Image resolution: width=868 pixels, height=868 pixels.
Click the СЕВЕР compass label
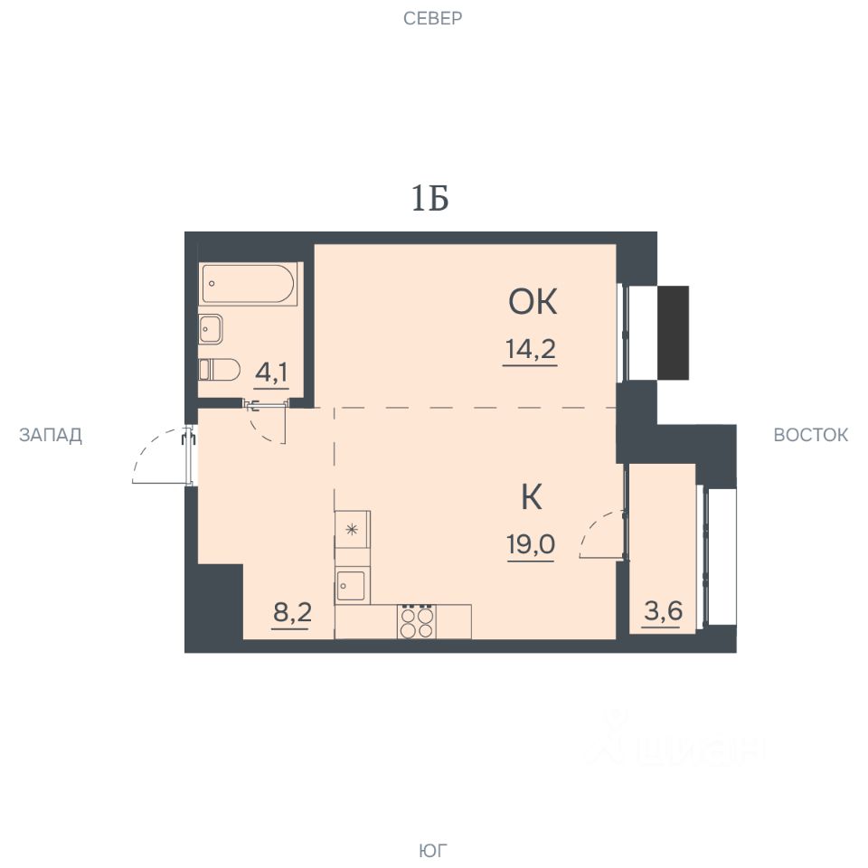(432, 18)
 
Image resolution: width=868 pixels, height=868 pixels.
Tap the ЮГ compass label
(432, 850)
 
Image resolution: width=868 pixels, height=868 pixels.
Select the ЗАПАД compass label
(51, 435)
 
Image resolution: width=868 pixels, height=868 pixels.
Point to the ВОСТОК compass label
(810, 435)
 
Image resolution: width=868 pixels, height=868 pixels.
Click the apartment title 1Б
(429, 198)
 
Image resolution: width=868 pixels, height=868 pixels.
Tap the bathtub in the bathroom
(250, 284)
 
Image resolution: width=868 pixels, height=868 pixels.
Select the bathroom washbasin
(211, 329)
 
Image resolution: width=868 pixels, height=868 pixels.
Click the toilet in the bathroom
(219, 369)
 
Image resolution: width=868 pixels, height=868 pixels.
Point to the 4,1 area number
(271, 373)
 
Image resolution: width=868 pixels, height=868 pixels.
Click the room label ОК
(533, 302)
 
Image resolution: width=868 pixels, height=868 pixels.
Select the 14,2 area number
(531, 349)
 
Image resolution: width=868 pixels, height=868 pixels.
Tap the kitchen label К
(532, 496)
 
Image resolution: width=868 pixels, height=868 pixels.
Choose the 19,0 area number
(531, 544)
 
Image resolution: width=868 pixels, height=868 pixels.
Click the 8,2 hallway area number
(292, 613)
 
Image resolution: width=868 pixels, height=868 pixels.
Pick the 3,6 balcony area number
(663, 611)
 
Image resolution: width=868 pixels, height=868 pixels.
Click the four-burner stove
(417, 622)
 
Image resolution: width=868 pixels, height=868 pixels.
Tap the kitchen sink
(352, 586)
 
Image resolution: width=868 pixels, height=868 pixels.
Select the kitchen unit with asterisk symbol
(352, 530)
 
